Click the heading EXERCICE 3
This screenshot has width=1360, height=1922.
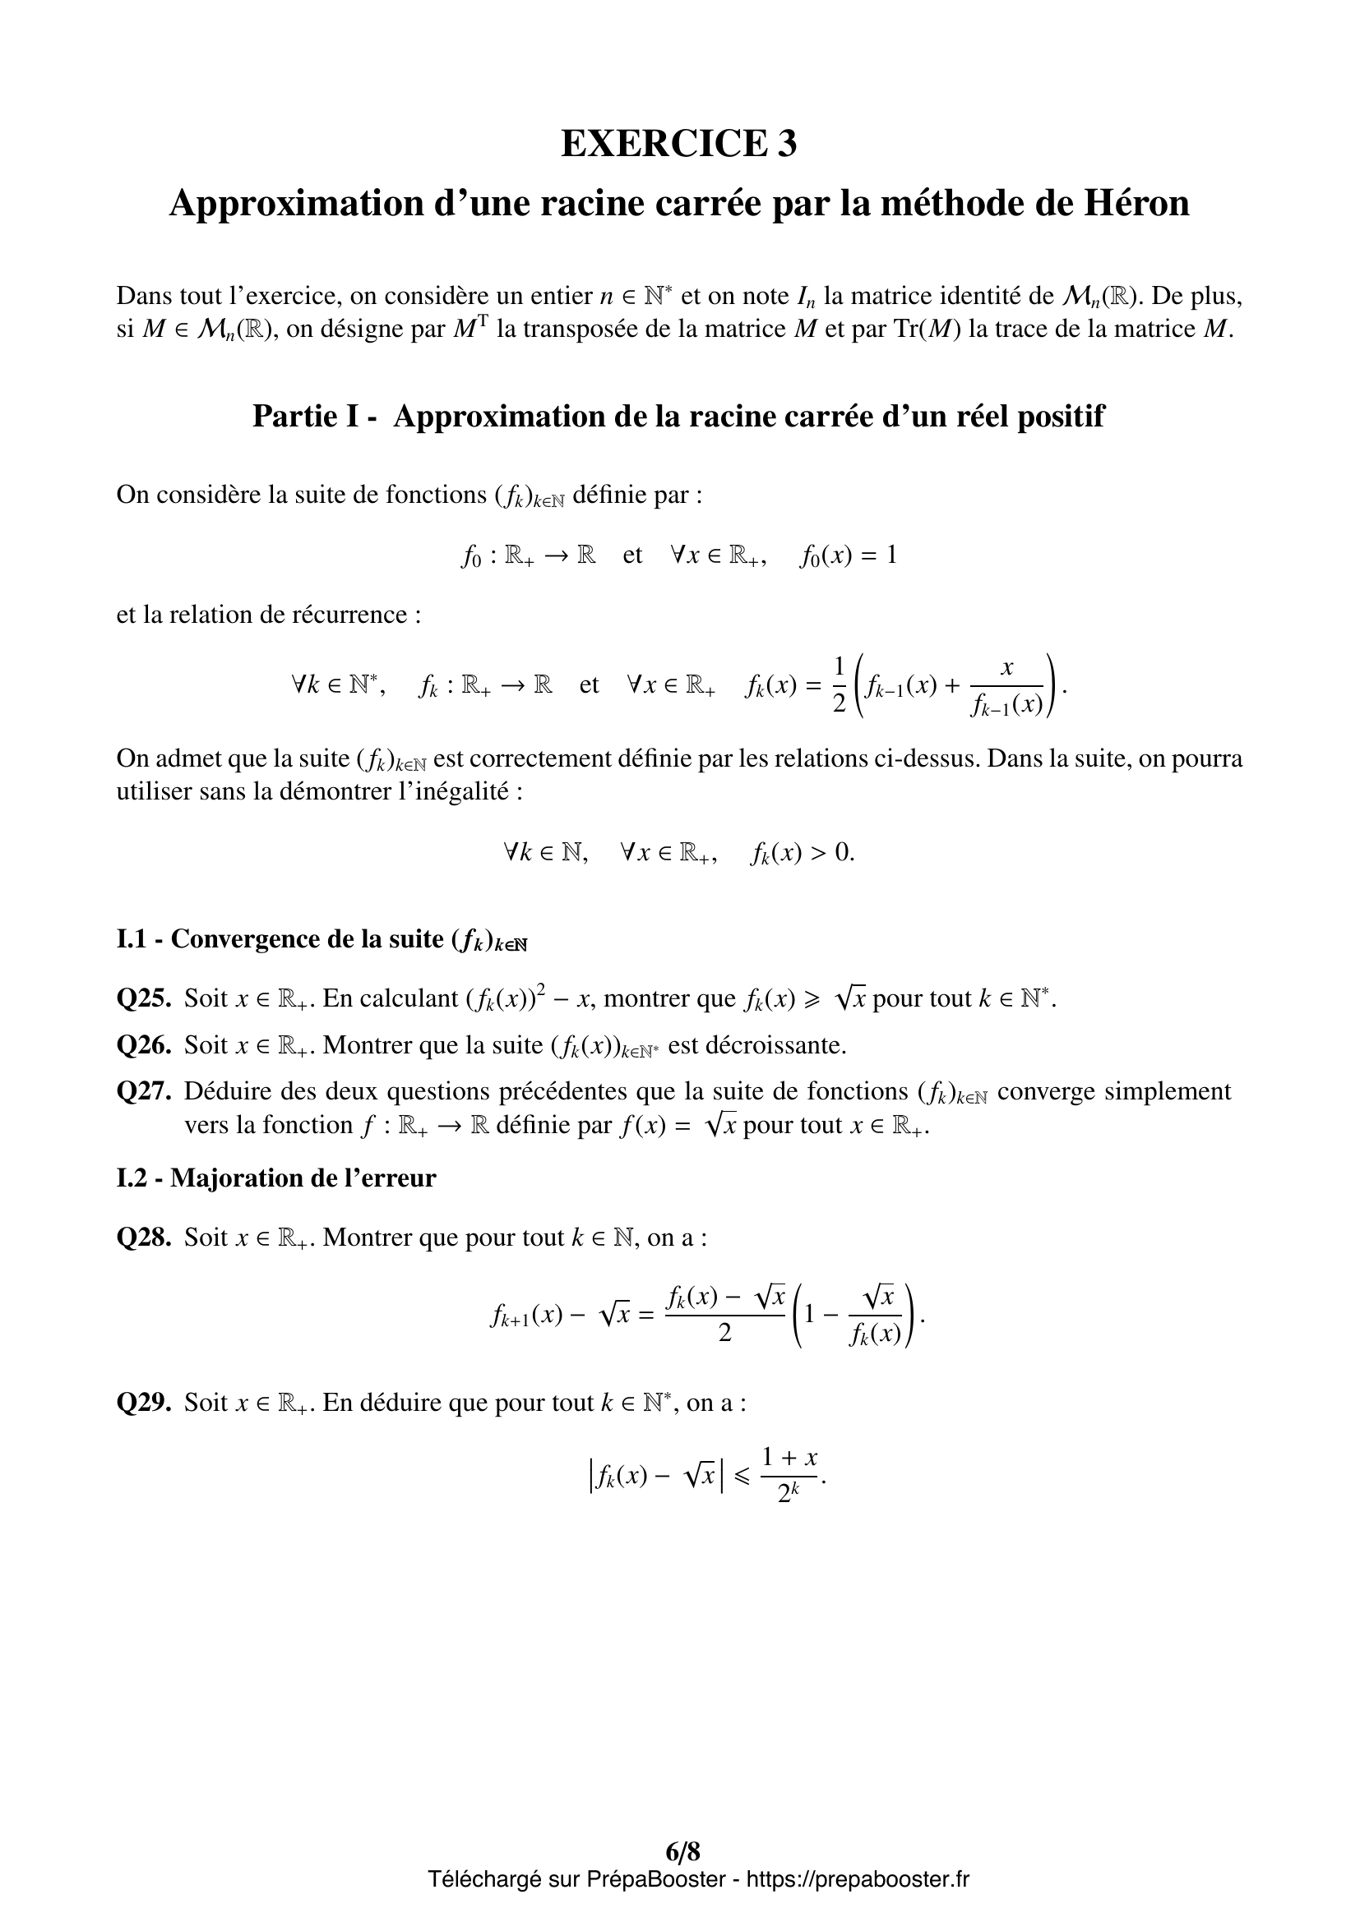(x=678, y=144)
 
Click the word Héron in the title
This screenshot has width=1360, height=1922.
(x=1136, y=204)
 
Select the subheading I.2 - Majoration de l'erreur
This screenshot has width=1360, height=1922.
(x=276, y=1178)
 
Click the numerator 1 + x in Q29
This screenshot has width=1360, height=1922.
(x=789, y=1458)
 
